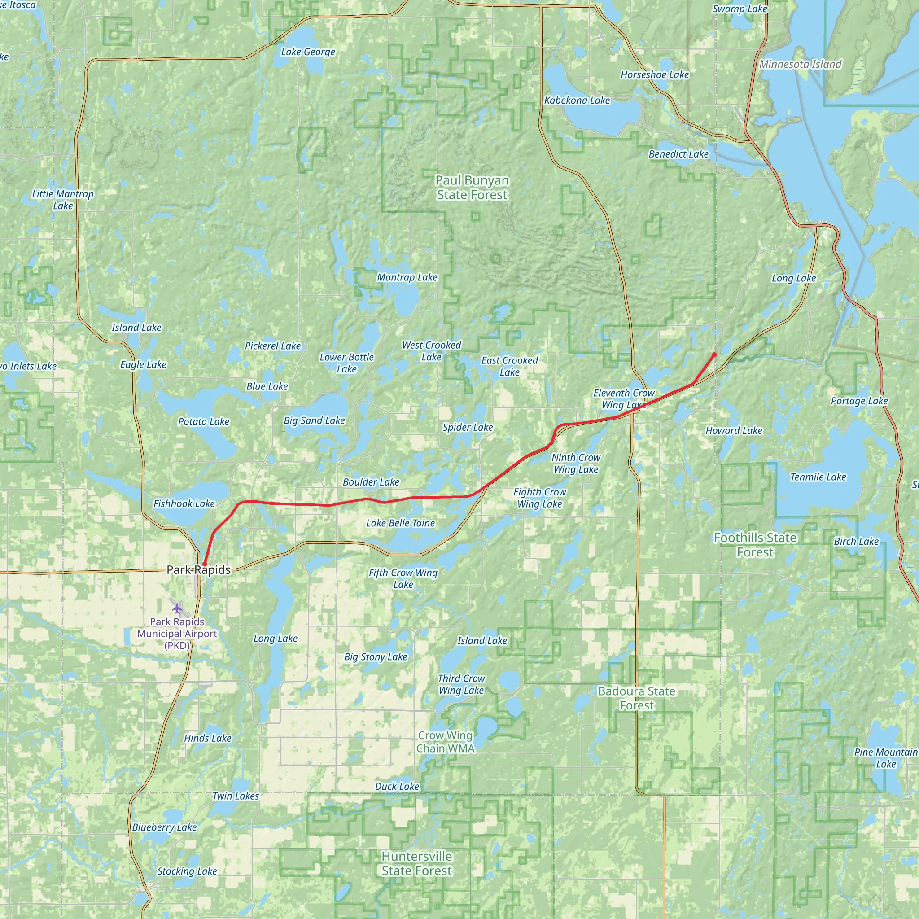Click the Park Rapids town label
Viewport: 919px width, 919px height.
pos(198,570)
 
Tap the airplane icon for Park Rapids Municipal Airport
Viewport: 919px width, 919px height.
pos(177,608)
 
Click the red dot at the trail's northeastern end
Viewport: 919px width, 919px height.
pos(714,354)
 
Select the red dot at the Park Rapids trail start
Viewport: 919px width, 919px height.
pos(204,564)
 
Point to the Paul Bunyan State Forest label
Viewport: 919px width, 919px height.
pos(472,188)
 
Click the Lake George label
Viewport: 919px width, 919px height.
pos(308,52)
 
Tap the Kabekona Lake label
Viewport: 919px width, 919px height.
pos(577,101)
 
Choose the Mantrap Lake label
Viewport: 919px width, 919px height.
pos(407,277)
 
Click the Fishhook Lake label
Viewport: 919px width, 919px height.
pos(184,503)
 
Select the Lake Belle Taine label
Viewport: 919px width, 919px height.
pos(401,523)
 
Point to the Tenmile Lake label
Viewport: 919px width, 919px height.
pos(818,477)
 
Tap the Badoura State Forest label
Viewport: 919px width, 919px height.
pos(636,698)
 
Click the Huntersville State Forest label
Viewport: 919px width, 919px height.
pos(417,863)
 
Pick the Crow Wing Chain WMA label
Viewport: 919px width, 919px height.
pos(445,742)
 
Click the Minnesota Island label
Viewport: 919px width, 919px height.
pos(801,64)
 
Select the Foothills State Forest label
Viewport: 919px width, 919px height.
pos(755,545)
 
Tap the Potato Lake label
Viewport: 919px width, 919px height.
pos(204,421)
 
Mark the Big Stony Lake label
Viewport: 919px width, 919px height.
pos(376,657)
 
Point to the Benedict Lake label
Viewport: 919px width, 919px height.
pos(678,154)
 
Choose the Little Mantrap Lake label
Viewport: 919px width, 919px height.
pos(63,200)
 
